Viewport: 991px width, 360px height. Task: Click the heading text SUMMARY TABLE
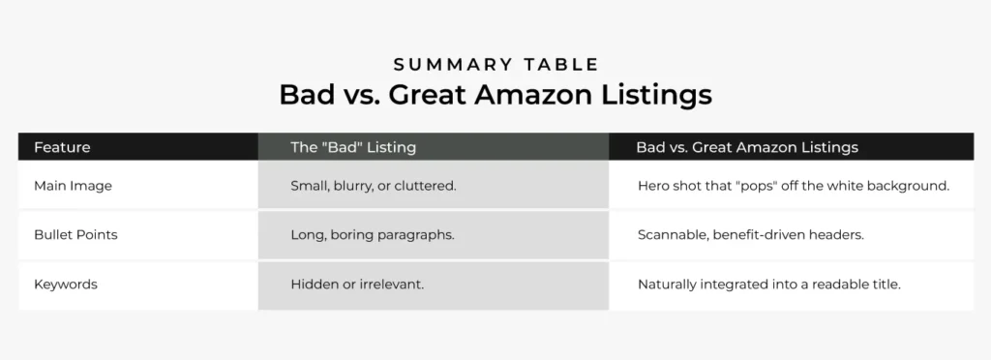[x=495, y=65]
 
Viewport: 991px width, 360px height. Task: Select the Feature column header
[x=62, y=147]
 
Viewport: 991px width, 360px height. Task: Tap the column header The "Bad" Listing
[x=353, y=147]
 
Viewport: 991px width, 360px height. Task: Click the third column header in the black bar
[x=746, y=147]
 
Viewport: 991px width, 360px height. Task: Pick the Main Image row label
[x=73, y=186]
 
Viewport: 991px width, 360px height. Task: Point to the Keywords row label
[x=66, y=285]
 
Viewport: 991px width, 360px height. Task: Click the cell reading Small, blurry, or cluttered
[x=373, y=186]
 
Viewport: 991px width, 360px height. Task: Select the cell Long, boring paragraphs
[x=372, y=235]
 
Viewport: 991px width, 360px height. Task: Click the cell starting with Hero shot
[x=793, y=186]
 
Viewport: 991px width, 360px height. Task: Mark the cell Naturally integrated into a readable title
[x=767, y=285]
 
